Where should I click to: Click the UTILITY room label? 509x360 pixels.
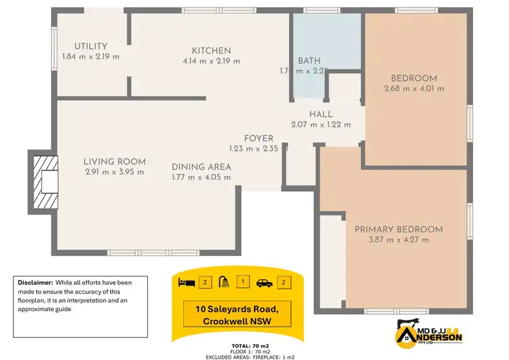click(x=91, y=46)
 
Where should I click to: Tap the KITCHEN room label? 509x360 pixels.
click(x=211, y=51)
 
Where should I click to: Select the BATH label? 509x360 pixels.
click(x=309, y=60)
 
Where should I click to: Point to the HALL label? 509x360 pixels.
click(x=320, y=114)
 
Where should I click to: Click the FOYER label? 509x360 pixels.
click(x=259, y=139)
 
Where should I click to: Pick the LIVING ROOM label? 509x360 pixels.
click(x=115, y=162)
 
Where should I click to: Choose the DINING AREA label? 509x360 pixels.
click(x=201, y=167)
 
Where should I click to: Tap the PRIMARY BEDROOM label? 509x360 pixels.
click(x=398, y=230)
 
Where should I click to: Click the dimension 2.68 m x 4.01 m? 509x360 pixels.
click(x=414, y=88)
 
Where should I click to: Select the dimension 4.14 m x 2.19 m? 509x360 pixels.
click(x=211, y=61)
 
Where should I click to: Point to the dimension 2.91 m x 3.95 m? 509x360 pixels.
click(x=115, y=172)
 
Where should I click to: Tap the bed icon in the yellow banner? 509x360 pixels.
click(x=186, y=281)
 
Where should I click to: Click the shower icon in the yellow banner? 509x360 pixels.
click(x=223, y=281)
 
